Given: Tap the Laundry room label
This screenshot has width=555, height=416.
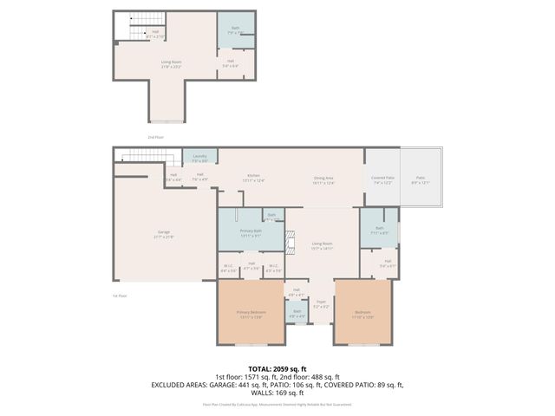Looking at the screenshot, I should [199, 158].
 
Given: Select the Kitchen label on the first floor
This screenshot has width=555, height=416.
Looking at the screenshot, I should [254, 178].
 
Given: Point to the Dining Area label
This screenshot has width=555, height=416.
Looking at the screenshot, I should [323, 179].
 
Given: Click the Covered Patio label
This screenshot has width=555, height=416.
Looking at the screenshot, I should [382, 179].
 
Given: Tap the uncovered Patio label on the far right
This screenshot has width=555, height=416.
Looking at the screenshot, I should [420, 179].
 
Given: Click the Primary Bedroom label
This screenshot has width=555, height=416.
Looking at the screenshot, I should [251, 314].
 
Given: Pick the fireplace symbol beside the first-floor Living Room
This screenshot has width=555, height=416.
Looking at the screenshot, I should [292, 241].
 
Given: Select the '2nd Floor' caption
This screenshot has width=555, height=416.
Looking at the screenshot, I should [155, 137].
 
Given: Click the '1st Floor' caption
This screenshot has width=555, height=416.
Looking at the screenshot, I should [120, 296].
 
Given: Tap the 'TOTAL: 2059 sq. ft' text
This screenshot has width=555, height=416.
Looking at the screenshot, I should [277, 368].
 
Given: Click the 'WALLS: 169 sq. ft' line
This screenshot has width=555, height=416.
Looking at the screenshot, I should [277, 392].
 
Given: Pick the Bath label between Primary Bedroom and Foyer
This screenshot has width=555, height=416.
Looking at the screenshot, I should [297, 313].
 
